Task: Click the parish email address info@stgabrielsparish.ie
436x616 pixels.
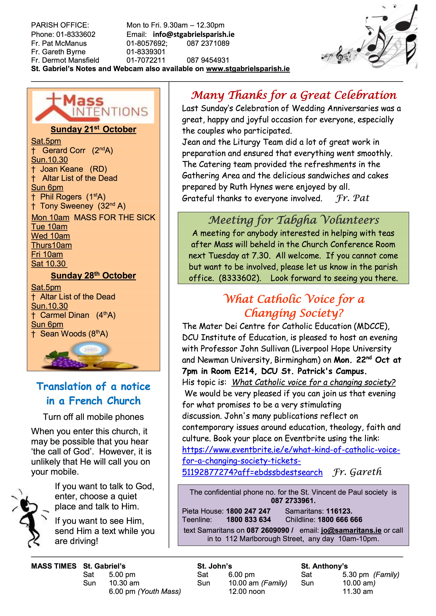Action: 193,34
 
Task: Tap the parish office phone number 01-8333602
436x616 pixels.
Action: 76,34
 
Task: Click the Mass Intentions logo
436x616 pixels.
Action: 93,107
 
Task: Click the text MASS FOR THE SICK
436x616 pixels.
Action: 115,217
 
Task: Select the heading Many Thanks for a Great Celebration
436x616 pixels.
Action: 293,95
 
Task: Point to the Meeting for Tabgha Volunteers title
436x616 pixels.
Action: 293,220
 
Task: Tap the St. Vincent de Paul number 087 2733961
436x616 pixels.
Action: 293,501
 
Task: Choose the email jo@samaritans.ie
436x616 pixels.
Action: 351,530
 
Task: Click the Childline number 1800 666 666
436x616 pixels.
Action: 340,520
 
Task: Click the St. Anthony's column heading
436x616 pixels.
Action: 324,566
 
